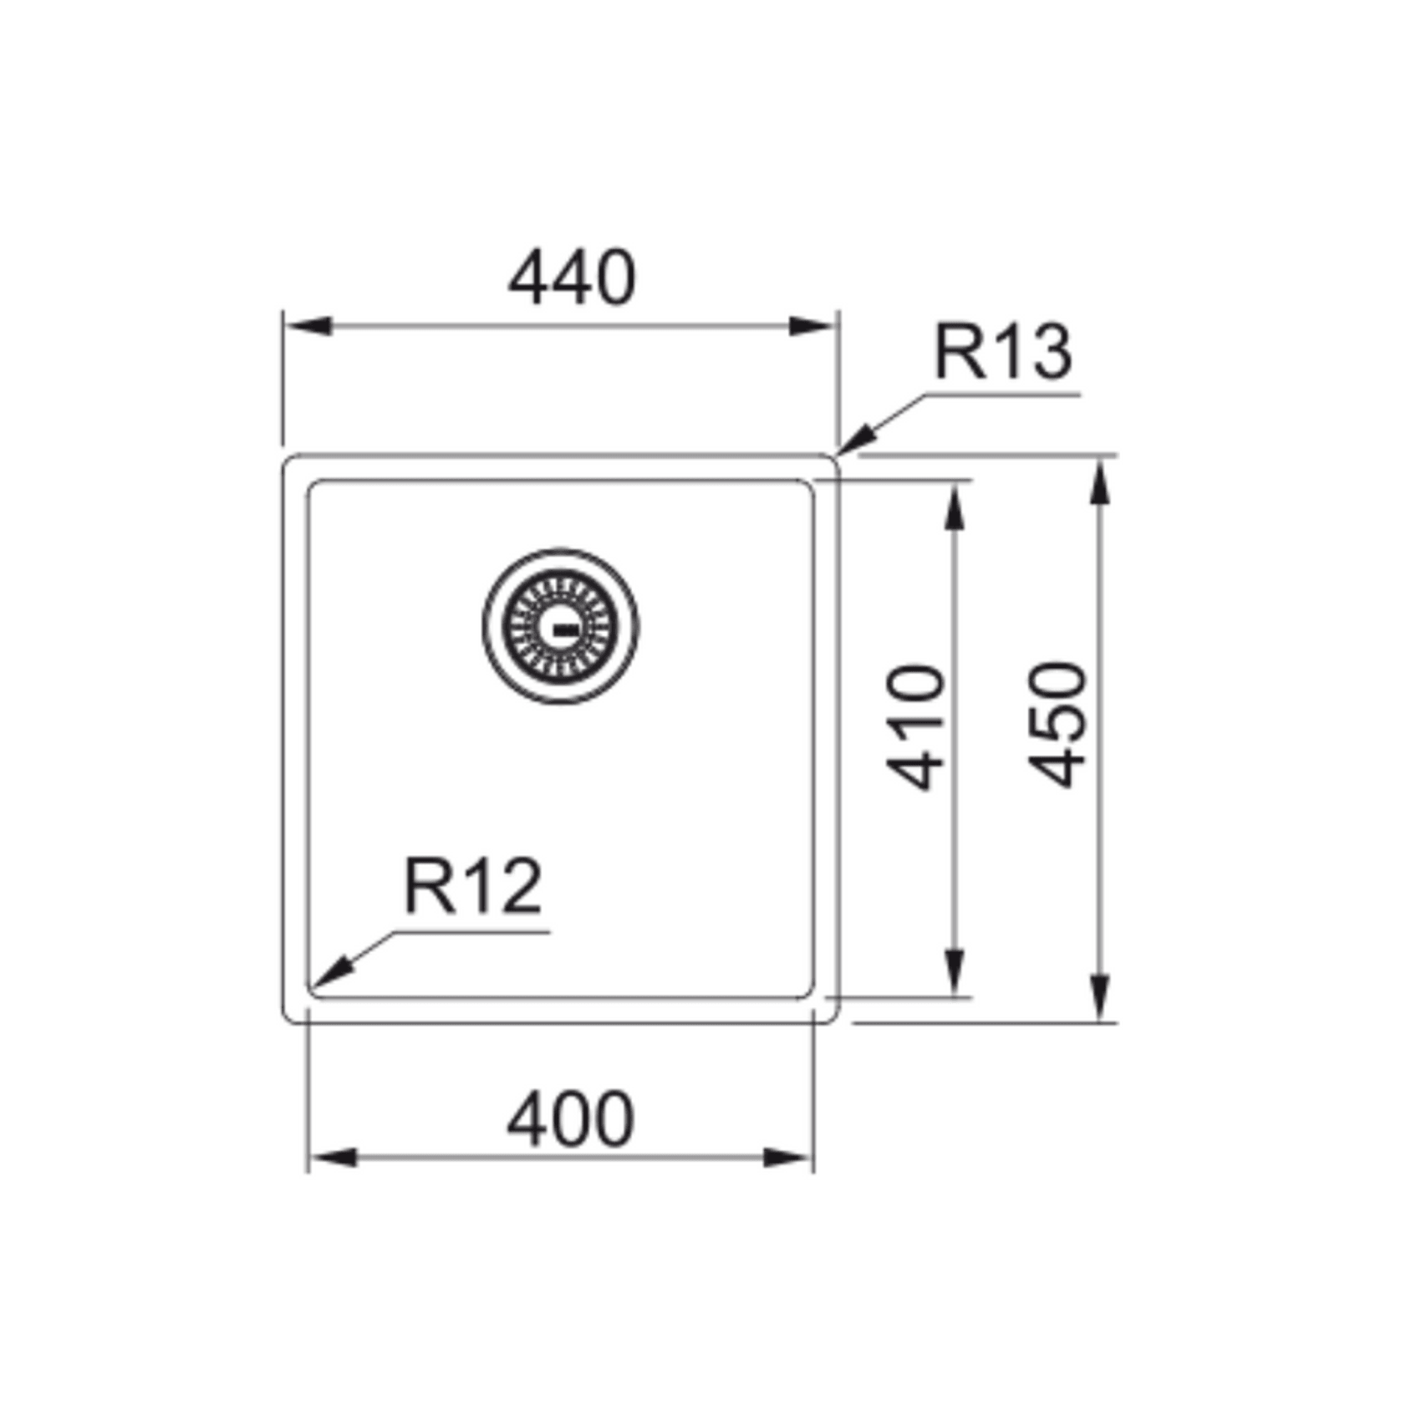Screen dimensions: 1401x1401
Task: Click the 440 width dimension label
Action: (572, 278)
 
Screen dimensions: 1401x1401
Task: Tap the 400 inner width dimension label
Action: (571, 1119)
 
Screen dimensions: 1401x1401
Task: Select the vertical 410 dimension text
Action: (917, 727)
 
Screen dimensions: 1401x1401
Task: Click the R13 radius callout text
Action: (1003, 352)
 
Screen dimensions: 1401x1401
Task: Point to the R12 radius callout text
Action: (473, 887)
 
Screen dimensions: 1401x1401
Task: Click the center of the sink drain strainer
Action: (560, 626)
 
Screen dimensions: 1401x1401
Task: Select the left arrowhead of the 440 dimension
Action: (308, 326)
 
